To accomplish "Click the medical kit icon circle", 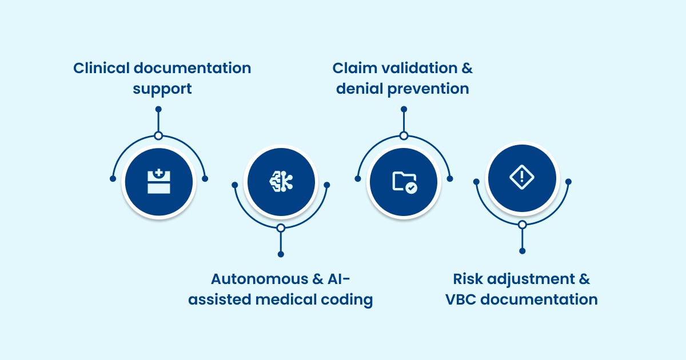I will [158, 182].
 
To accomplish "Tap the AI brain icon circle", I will [281, 182].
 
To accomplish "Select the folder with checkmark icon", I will [404, 182].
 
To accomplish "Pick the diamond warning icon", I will [521, 177].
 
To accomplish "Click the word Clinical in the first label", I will [101, 68].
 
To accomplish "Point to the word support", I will [162, 89].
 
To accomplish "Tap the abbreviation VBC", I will [461, 299].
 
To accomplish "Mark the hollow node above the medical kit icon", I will [158, 136].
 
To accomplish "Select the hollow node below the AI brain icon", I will [281, 228].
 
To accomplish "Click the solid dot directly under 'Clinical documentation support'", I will [158, 109].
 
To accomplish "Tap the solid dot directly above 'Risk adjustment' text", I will [522, 251].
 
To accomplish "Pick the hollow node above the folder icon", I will [404, 136].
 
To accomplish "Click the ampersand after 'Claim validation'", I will [467, 68].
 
